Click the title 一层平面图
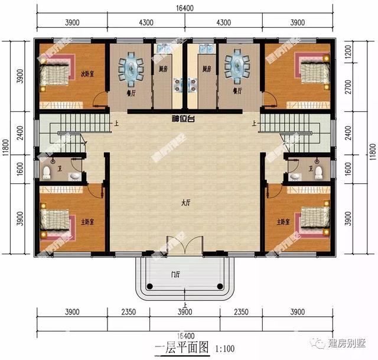click(x=181, y=348)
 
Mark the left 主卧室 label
click(x=89, y=222)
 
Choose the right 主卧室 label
click(x=283, y=222)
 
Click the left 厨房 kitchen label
click(x=162, y=69)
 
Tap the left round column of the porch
click(x=149, y=286)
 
